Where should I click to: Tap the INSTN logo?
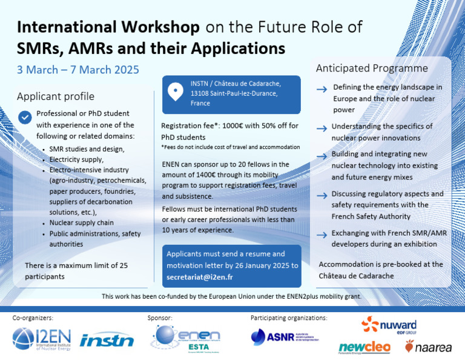tap(107, 340)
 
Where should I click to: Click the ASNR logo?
tap(284, 336)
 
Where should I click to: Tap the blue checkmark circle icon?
tap(25, 117)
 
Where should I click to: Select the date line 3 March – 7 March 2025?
tap(78, 70)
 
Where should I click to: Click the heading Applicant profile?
tap(55, 96)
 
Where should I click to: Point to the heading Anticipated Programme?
tap(372, 68)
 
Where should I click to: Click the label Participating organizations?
tap(289, 318)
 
